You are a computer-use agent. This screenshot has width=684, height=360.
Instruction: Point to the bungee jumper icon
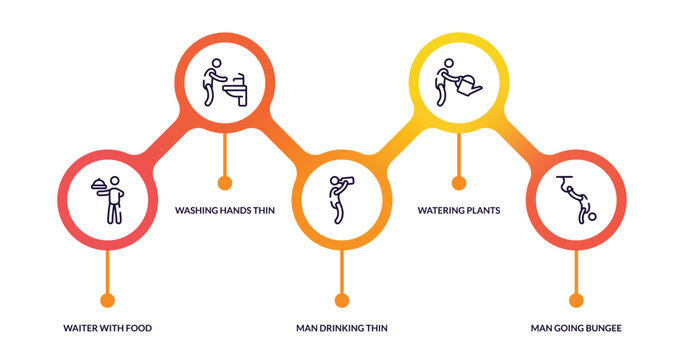coord(575,199)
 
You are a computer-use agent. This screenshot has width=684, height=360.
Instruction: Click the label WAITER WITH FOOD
coord(108,328)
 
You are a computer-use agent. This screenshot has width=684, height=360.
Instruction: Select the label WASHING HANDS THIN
coord(225,210)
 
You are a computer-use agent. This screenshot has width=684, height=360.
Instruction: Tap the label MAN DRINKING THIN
coord(342,328)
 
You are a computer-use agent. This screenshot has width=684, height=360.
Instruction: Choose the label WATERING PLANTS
coord(459,210)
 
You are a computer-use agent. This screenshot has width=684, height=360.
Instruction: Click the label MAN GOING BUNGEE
coord(576,328)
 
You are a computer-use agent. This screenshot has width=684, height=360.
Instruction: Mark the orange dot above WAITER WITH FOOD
coord(108,300)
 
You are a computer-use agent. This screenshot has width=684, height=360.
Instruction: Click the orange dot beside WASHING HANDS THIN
coord(225,183)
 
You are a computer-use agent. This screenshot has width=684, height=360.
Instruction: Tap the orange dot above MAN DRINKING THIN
coord(342,300)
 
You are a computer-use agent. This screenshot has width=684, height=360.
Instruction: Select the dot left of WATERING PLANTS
coord(459,183)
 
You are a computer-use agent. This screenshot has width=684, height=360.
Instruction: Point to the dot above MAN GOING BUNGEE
coord(576,300)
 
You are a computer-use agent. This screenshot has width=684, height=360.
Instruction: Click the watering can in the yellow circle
coord(467,86)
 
